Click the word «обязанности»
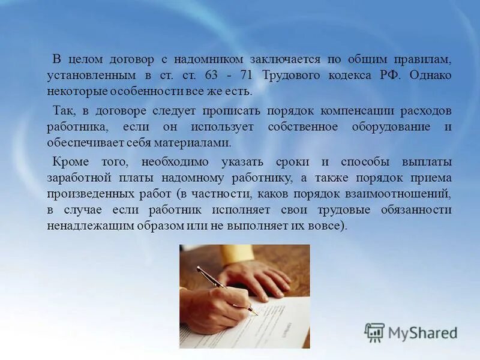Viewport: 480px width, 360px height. pos(416,210)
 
